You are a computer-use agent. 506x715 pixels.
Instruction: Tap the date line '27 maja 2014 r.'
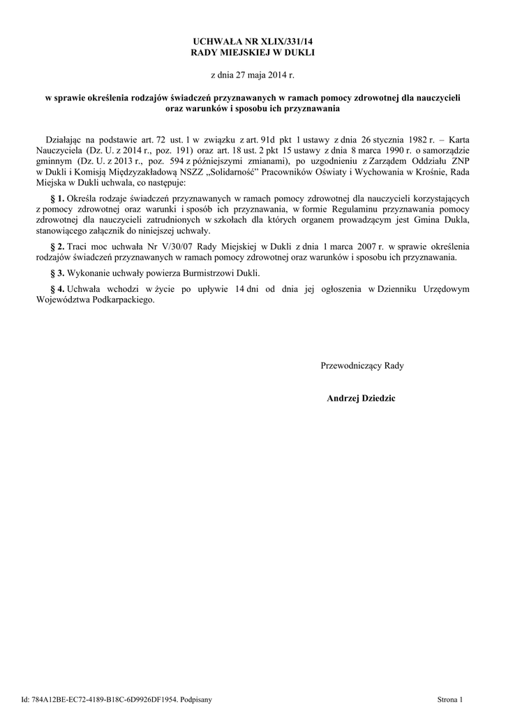(x=252, y=75)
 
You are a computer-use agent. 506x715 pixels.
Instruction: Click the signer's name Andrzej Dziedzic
(x=360, y=398)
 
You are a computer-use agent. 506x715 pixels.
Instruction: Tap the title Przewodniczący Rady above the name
(x=362, y=365)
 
